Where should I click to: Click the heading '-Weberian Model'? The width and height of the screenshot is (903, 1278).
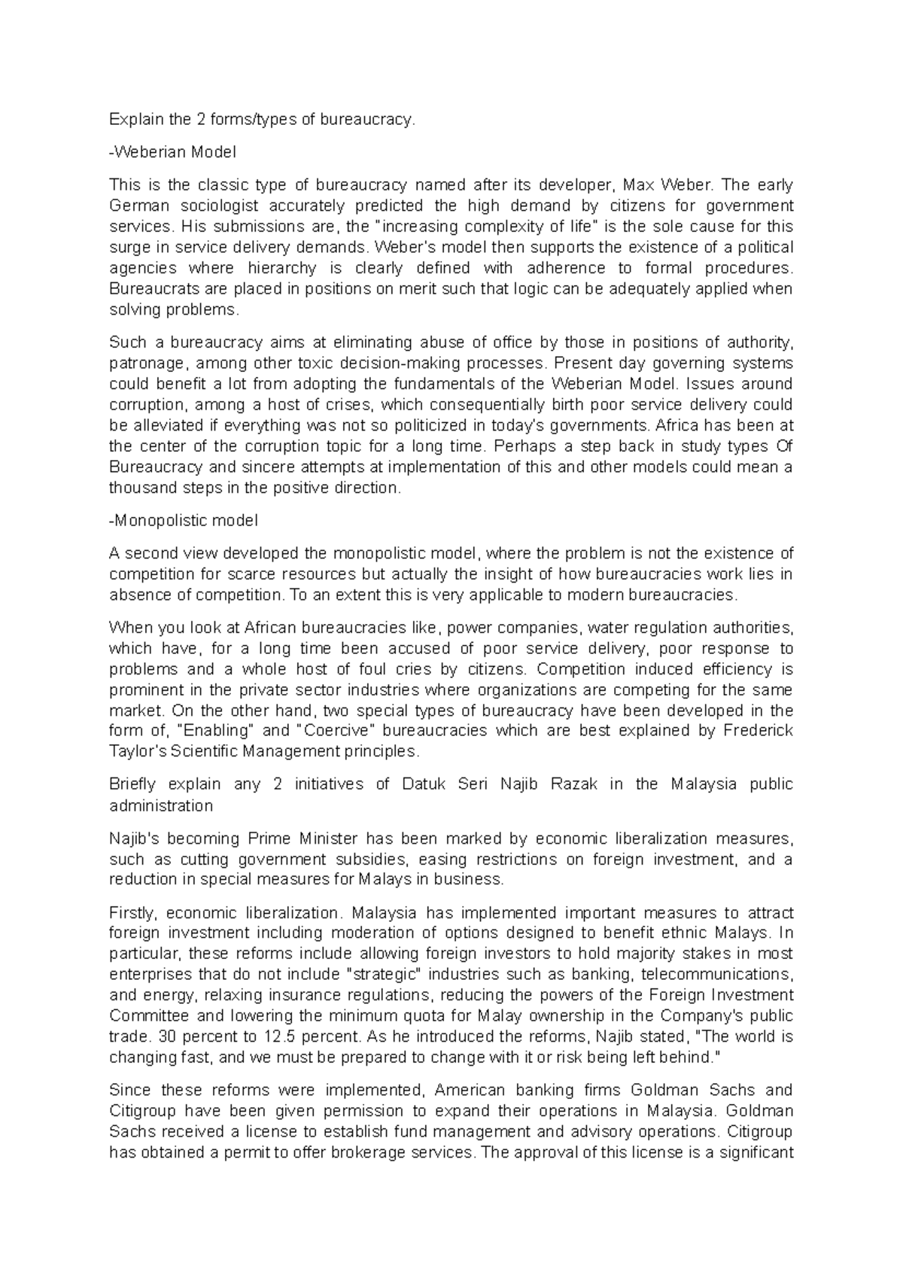pyautogui.click(x=172, y=152)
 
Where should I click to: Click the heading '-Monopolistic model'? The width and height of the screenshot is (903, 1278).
pyautogui.click(x=184, y=520)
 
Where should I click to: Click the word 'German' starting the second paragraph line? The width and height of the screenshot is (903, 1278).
pyautogui.click(x=137, y=206)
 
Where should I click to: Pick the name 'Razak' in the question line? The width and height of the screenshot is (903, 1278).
pyautogui.click(x=574, y=784)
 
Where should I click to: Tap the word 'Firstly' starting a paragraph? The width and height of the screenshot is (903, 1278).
pyautogui.click(x=133, y=913)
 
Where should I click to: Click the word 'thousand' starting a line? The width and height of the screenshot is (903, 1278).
pyautogui.click(x=140, y=488)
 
